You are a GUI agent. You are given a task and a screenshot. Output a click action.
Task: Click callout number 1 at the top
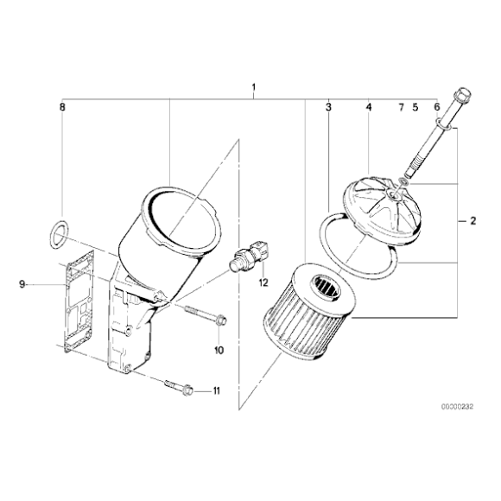[253, 87]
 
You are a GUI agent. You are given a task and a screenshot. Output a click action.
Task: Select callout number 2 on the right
[473, 221]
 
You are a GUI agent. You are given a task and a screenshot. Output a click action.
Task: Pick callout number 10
[219, 350]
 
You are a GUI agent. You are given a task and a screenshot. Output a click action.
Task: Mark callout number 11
[217, 391]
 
